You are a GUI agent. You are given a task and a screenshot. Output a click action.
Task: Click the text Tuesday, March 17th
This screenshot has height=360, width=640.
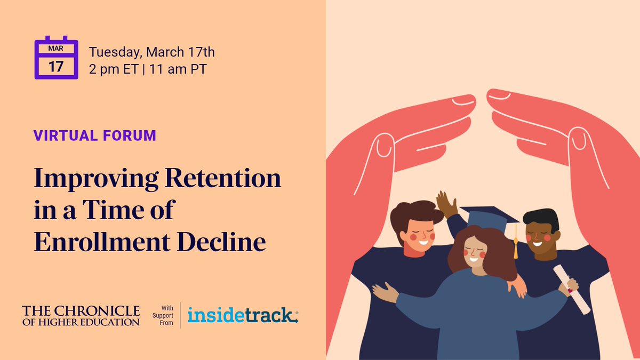click(152, 52)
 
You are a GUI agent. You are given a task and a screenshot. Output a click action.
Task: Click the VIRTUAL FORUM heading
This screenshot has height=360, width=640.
click(95, 135)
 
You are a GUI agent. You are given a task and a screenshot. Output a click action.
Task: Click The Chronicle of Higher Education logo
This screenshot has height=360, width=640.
click(81, 315)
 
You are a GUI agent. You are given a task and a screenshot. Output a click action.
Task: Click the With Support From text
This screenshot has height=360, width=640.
click(166, 315)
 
